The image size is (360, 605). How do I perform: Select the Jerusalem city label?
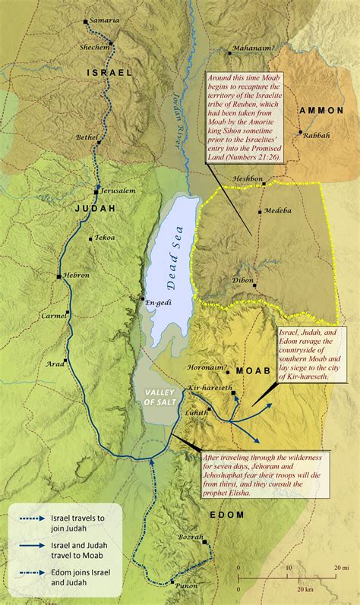coord(118,190)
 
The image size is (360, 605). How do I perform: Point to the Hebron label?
coord(76,275)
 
